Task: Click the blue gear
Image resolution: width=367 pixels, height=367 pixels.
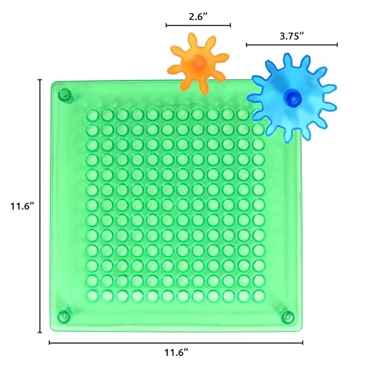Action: point(292,98)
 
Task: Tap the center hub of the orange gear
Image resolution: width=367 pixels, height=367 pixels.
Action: point(197,62)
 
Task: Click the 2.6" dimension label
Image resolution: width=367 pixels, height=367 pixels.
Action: point(198,17)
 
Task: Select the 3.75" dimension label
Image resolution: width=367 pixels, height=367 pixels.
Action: point(291,36)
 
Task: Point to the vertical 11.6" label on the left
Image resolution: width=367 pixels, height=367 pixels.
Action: point(21,206)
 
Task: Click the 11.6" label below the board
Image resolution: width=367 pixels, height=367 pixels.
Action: point(176,352)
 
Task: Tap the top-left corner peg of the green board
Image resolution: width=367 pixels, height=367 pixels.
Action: point(65,95)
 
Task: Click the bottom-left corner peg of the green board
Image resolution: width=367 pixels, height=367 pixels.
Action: point(64,316)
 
